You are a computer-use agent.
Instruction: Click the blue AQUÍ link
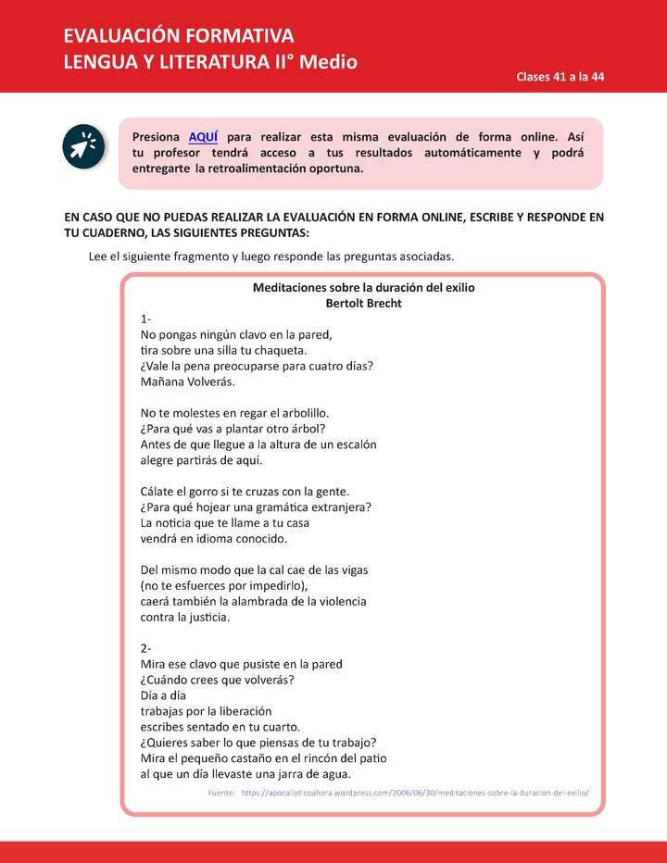tap(203, 137)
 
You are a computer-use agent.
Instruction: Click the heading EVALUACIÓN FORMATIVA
tap(179, 36)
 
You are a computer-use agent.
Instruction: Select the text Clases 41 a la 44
tap(560, 77)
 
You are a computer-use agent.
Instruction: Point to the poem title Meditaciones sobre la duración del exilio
tap(363, 288)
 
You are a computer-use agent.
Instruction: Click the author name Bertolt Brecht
tap(363, 303)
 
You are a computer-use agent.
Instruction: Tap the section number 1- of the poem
tap(145, 319)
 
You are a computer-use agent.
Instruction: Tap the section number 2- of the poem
tap(146, 648)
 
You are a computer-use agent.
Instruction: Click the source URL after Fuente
tap(414, 794)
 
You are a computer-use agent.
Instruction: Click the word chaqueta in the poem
tap(278, 350)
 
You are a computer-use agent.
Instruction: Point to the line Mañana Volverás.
tap(187, 381)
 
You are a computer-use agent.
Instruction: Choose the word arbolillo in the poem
tap(299, 413)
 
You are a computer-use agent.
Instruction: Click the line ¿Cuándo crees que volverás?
tap(217, 680)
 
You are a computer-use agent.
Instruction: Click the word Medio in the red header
tap(330, 62)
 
